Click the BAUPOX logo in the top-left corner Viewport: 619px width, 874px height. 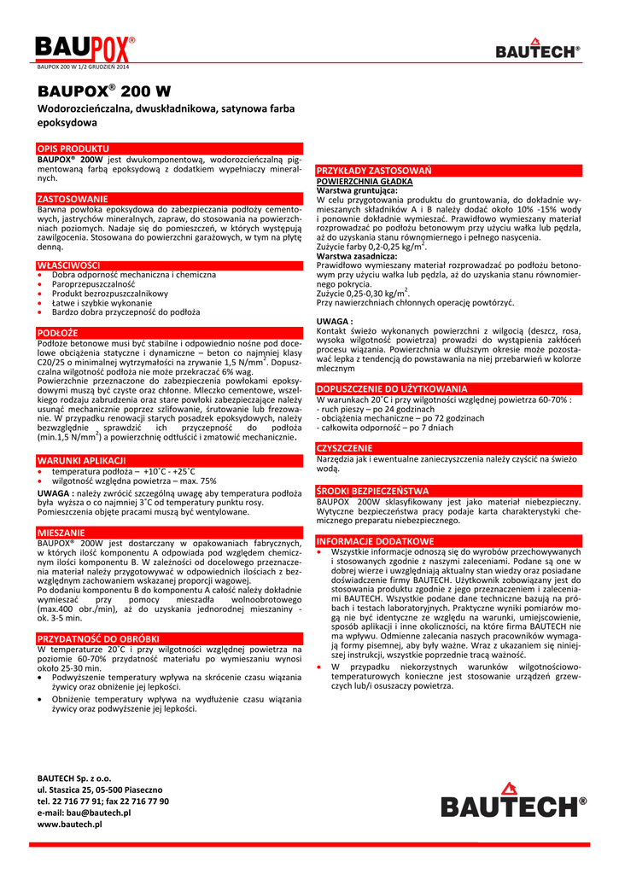pyautogui.click(x=85, y=49)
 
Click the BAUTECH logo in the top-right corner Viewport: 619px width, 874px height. pyautogui.click(x=537, y=50)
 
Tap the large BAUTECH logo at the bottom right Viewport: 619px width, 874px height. pyautogui.click(x=513, y=801)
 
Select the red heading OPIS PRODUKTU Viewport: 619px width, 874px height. pyautogui.click(x=73, y=148)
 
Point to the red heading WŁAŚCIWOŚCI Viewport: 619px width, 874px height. pyautogui.click(x=69, y=265)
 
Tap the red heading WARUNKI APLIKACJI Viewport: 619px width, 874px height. pyautogui.click(x=82, y=460)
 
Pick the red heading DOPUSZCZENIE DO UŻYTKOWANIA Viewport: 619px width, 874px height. pyautogui.click(x=392, y=387)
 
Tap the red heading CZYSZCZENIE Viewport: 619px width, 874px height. pyautogui.click(x=345, y=447)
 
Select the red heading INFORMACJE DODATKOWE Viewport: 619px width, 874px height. pyautogui.click(x=375, y=541)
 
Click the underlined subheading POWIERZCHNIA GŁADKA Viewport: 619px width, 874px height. pyautogui.click(x=365, y=181)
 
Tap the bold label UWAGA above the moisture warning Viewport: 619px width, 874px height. pyautogui.click(x=335, y=320)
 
